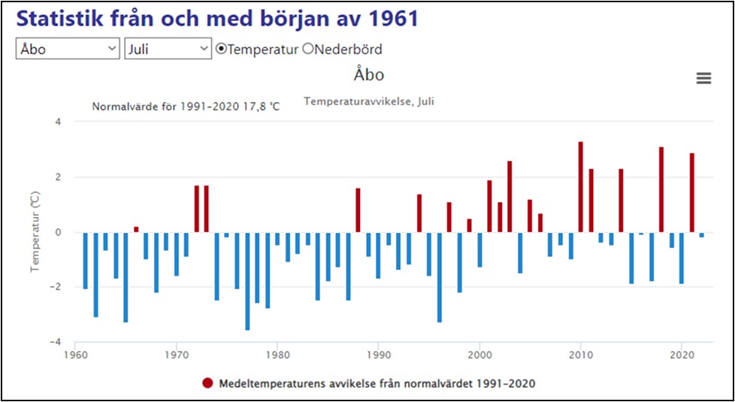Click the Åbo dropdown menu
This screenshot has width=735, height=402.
[68, 49]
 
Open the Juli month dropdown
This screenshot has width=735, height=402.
[168, 49]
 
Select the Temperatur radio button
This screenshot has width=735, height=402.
[221, 49]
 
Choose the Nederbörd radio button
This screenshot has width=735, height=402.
[307, 49]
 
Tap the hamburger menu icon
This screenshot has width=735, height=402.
[703, 78]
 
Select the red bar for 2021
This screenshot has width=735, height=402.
[691, 192]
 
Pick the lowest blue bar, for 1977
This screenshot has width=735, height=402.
[247, 281]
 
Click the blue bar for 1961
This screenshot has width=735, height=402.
[86, 260]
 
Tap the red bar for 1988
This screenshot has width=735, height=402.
[358, 210]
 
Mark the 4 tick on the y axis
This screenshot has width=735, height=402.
[59, 122]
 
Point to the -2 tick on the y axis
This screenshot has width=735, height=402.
[57, 287]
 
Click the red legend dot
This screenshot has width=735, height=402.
[208, 383]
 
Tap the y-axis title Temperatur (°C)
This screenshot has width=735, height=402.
[35, 232]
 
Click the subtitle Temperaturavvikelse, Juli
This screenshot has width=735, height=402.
[368, 101]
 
